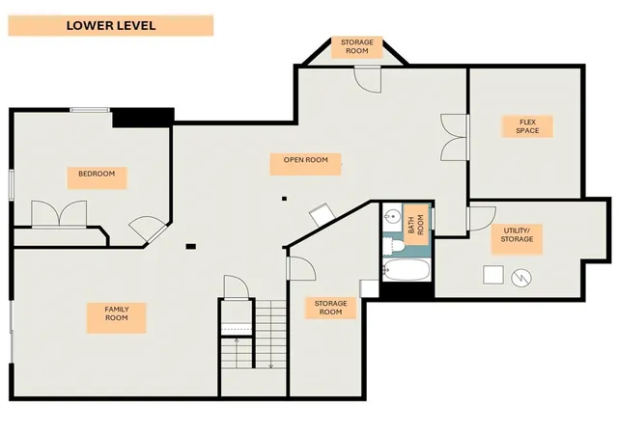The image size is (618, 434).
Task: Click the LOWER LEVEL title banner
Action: pos(111,26)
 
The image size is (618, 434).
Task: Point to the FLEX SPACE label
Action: pos(527,126)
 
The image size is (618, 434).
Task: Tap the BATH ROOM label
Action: pos(416,225)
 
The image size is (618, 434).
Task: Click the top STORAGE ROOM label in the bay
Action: pos(356,47)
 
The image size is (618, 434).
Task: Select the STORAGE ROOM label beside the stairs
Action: pos(330,308)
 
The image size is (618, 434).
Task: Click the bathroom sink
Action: pos(392,217)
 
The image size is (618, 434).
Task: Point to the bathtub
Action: pos(406,270)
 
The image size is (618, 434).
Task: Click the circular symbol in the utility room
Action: pos(521,278)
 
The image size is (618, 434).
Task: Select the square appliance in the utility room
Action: pos(493,275)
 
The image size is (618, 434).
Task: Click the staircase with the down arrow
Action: pos(270,334)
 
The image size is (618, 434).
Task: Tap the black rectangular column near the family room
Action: pos(191,247)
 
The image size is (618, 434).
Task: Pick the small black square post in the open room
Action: pos(284,199)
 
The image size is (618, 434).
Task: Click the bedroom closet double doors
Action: pos(59,214)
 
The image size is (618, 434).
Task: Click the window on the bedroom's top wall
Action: pos(90,110)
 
